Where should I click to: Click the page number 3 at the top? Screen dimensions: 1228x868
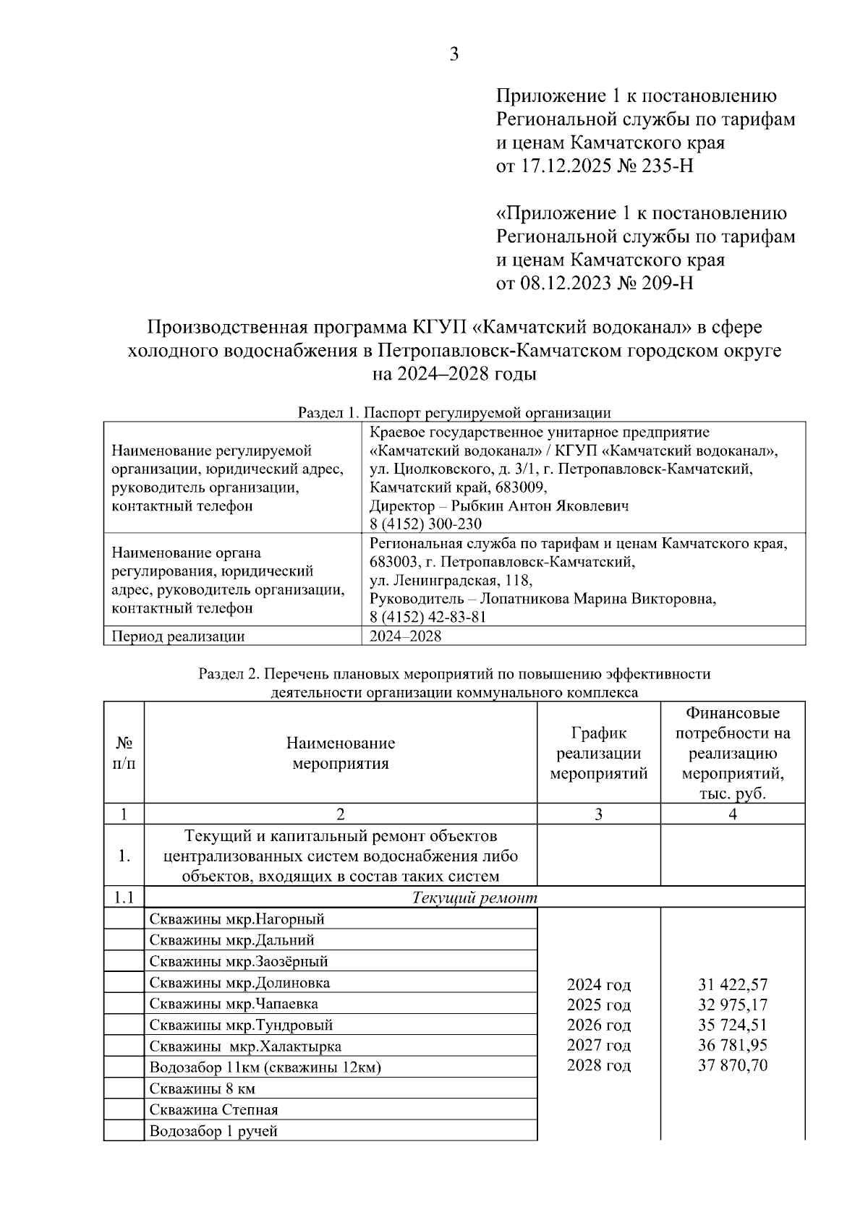tap(454, 54)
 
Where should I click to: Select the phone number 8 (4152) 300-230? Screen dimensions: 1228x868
tap(425, 524)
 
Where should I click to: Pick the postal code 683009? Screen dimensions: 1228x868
tap(521, 487)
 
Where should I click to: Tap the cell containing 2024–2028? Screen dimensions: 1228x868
tap(405, 636)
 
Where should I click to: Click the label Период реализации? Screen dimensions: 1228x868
tap(178, 636)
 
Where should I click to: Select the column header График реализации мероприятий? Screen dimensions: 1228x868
tap(598, 753)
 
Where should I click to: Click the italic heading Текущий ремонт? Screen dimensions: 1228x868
tap(475, 898)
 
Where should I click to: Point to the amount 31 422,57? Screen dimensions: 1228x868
tap(733, 984)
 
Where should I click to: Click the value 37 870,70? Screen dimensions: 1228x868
tap(733, 1065)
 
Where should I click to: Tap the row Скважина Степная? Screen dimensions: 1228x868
tap(213, 1109)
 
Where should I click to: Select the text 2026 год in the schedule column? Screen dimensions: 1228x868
tap(598, 1025)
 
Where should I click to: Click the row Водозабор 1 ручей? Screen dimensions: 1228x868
tap(213, 1131)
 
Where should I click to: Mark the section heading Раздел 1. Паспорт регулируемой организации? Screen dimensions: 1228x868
tap(454, 413)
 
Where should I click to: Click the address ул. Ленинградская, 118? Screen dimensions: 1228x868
tap(451, 581)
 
